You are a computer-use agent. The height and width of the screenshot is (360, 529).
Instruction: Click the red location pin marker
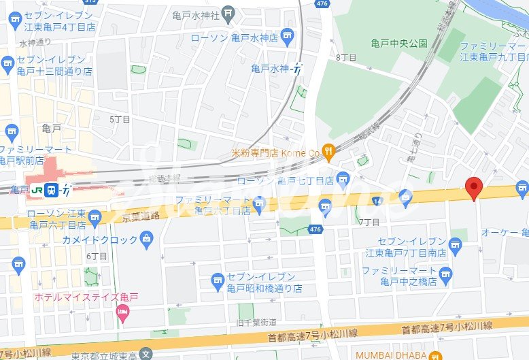point(473,186)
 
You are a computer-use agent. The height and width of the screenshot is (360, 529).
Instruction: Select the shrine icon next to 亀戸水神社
point(229,12)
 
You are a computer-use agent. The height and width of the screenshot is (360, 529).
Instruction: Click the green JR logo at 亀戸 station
point(37,190)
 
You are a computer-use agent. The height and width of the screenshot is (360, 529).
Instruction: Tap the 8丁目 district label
point(346,58)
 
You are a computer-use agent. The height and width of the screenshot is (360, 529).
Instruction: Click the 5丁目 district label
point(120,119)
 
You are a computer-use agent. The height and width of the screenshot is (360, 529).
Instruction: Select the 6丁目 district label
point(97,257)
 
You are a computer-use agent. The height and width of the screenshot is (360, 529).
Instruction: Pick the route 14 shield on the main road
point(377,201)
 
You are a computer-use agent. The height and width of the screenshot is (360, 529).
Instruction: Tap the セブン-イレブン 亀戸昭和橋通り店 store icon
point(218,278)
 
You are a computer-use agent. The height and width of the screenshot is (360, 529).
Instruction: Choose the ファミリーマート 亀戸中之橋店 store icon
point(446,274)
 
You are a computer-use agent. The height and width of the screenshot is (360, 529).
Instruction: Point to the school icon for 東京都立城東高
point(146,353)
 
